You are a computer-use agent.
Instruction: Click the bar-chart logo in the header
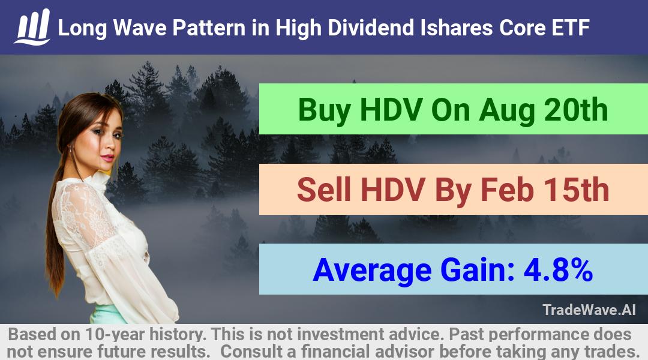point(32,26)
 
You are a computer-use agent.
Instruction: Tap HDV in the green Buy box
point(391,110)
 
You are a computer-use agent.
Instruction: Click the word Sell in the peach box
point(324,190)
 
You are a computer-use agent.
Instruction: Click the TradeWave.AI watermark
point(589,310)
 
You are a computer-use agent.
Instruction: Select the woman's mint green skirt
point(107,314)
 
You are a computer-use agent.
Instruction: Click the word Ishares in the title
point(456,28)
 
